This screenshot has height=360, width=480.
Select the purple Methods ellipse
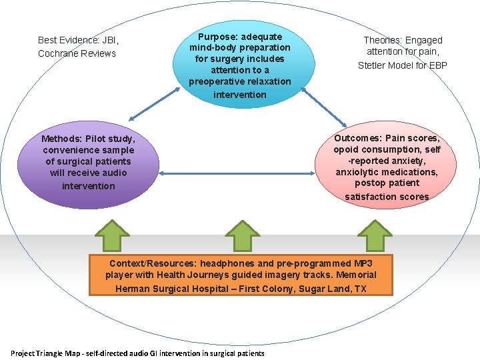[x=89, y=164]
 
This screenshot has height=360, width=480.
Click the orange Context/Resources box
[x=241, y=275]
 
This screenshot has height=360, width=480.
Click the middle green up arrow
[x=241, y=237]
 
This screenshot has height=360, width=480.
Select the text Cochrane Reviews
[x=77, y=53]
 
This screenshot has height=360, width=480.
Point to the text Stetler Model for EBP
[x=403, y=65]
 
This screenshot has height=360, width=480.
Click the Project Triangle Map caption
[x=137, y=353]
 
